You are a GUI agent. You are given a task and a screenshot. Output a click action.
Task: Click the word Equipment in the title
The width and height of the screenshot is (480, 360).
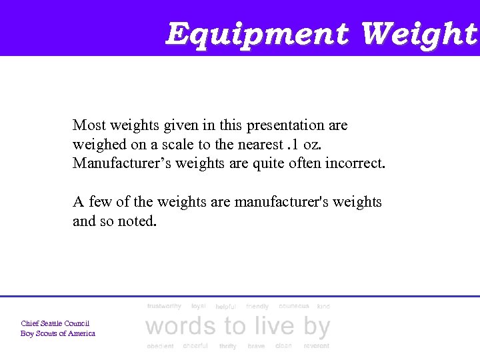pyautogui.click(x=258, y=33)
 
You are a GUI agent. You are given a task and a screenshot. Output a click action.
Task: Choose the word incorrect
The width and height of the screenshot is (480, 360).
pyautogui.click(x=355, y=163)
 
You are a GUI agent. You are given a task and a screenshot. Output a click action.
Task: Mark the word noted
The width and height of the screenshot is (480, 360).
pyautogui.click(x=137, y=221)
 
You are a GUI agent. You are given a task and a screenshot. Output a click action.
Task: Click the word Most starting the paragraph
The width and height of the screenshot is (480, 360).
pyautogui.click(x=89, y=125)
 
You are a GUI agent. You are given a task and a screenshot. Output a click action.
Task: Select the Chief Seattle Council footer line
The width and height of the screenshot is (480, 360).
pyautogui.click(x=55, y=323)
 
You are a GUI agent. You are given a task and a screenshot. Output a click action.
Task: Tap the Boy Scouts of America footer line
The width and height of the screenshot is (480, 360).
pyautogui.click(x=58, y=333)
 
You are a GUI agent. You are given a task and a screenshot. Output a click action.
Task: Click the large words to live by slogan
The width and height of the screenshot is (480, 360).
pyautogui.click(x=237, y=327)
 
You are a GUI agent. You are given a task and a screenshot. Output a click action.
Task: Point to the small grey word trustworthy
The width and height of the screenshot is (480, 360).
pyautogui.click(x=164, y=306)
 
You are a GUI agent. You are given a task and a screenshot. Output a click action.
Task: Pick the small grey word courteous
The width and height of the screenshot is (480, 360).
pyautogui.click(x=294, y=306)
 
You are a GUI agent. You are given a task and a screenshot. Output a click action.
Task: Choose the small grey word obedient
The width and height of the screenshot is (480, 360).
pyautogui.click(x=160, y=346)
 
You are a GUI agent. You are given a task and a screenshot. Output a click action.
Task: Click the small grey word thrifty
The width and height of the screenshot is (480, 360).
pyautogui.click(x=227, y=346)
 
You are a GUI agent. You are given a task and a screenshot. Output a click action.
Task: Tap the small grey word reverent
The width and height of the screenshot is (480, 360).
pyautogui.click(x=316, y=346)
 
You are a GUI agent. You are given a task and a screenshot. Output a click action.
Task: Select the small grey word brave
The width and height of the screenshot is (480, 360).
pyautogui.click(x=256, y=346)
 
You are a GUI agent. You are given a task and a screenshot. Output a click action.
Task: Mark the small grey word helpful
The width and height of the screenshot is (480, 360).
pyautogui.click(x=225, y=307)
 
